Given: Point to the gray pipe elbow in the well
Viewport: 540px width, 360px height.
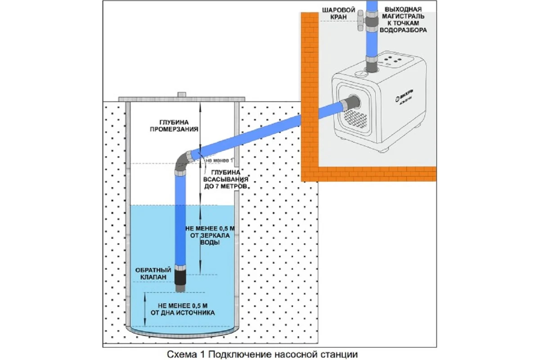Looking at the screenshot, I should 183,162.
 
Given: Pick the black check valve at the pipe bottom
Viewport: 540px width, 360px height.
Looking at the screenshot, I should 180,276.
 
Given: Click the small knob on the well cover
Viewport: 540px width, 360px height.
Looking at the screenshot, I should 182,94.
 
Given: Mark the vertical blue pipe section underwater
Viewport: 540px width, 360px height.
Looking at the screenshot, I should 180,234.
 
